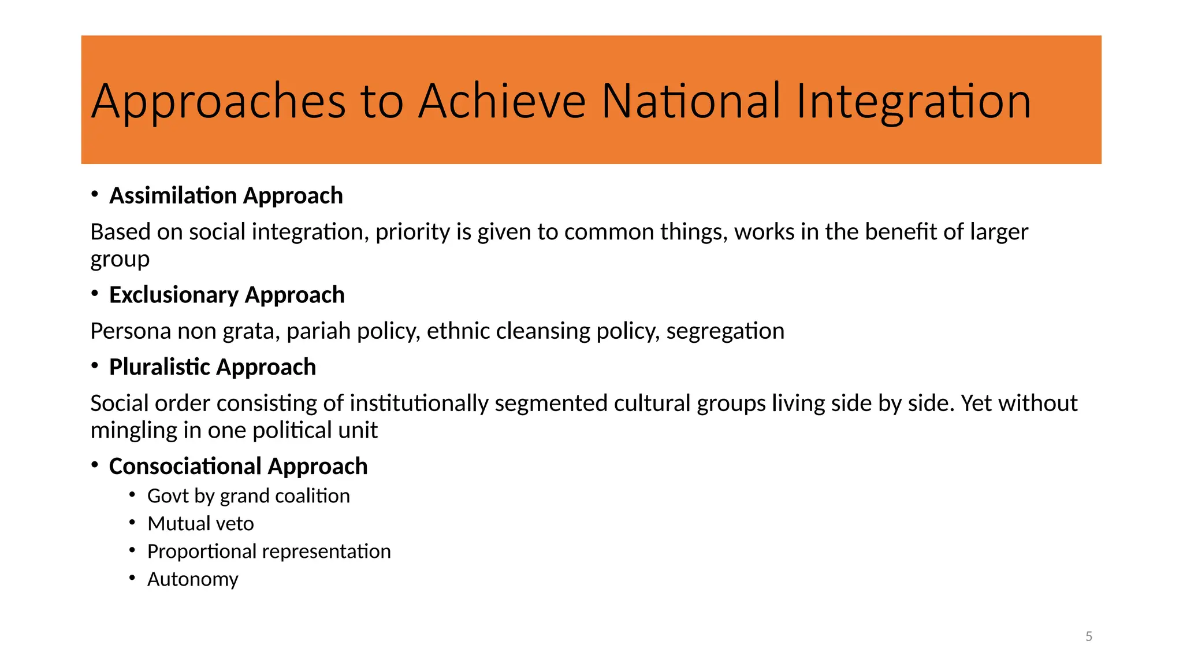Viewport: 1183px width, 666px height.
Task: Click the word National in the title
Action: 691,101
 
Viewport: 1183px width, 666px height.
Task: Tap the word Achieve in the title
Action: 501,101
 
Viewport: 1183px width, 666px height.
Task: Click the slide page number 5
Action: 1089,637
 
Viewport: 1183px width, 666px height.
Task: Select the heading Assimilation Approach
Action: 226,196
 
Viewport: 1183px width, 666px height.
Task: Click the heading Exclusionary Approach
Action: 226,295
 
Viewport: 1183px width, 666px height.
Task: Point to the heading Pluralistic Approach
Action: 212,367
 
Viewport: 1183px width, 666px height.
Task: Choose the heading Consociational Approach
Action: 238,467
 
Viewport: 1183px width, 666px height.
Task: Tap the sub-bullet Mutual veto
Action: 200,524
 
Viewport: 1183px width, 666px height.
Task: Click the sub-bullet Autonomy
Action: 192,579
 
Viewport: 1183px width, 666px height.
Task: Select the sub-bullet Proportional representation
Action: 269,552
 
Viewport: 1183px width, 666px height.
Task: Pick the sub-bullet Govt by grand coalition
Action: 248,496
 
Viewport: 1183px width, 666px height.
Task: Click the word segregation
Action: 725,331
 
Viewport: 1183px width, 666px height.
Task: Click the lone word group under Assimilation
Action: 120,260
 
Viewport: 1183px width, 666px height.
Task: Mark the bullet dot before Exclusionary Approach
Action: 95,294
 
